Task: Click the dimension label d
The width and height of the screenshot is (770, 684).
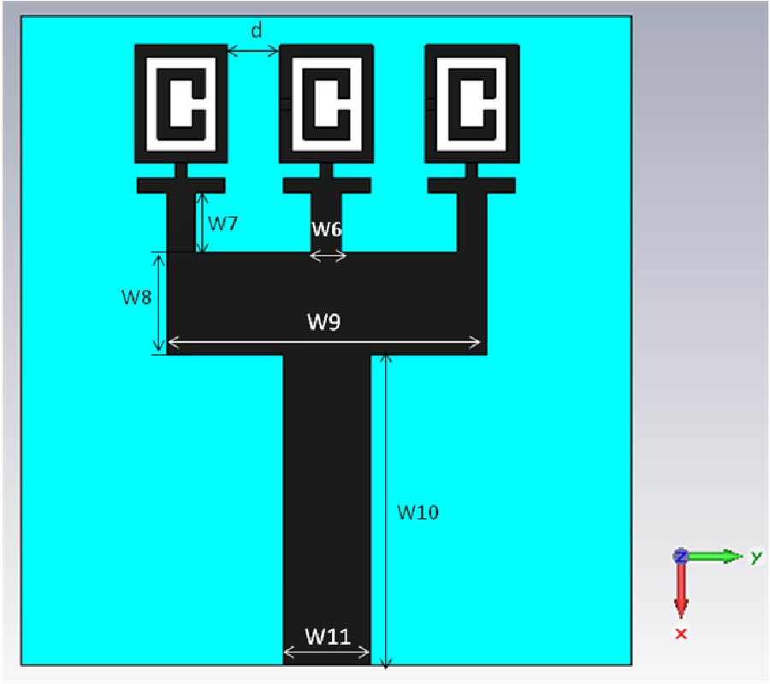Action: point(257,31)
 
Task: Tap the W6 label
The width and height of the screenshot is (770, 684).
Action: point(327,229)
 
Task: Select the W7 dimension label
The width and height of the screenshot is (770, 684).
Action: point(223,223)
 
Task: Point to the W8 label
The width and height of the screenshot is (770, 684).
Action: point(137,297)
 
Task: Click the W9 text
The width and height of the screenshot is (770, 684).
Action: point(324,321)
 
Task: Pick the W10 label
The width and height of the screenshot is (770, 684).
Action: point(418,512)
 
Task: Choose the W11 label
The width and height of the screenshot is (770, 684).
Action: point(328,636)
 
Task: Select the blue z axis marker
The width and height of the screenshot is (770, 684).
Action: point(680,556)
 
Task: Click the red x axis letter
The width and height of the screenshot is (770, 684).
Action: point(681,634)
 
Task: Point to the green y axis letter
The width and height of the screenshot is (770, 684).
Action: point(755,557)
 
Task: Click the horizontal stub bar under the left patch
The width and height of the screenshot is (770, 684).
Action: point(181,186)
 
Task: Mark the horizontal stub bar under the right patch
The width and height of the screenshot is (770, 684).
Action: point(471,186)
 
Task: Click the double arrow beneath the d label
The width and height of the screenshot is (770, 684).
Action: point(253,50)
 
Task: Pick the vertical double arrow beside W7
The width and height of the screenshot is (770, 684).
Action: point(202,223)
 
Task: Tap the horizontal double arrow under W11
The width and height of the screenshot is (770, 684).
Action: point(327,652)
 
